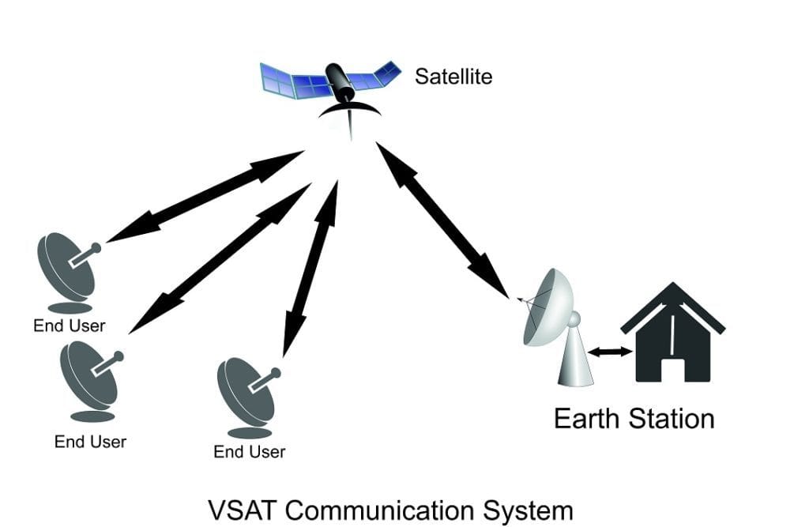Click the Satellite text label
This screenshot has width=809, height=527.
coord(453,77)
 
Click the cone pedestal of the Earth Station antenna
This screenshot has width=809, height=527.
coord(576,359)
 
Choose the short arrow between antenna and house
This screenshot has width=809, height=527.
coord(613,352)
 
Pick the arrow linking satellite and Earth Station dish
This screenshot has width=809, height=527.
coord(442,219)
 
